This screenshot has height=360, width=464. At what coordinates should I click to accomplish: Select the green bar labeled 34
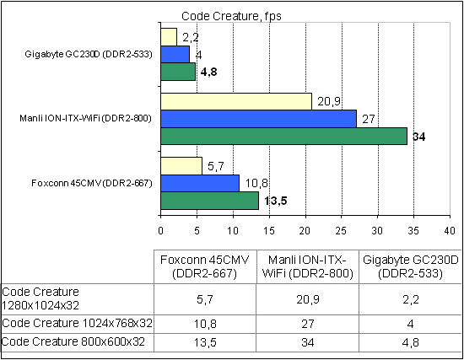click(283, 136)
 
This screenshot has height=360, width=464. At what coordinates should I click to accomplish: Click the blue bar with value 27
click(258, 119)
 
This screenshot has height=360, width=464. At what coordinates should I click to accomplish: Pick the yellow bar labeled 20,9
click(236, 102)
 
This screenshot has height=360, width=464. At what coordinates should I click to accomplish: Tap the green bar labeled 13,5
click(209, 200)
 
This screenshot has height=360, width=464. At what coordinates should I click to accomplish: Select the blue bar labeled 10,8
click(200, 183)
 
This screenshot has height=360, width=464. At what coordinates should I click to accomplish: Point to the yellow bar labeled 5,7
click(181, 166)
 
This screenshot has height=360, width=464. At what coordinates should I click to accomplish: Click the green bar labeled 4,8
click(178, 72)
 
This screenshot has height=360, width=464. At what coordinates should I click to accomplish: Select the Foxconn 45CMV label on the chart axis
click(90, 183)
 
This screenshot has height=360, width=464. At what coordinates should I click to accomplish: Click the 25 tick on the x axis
click(341, 228)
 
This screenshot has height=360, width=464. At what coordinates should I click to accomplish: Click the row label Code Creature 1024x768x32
click(77, 323)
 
